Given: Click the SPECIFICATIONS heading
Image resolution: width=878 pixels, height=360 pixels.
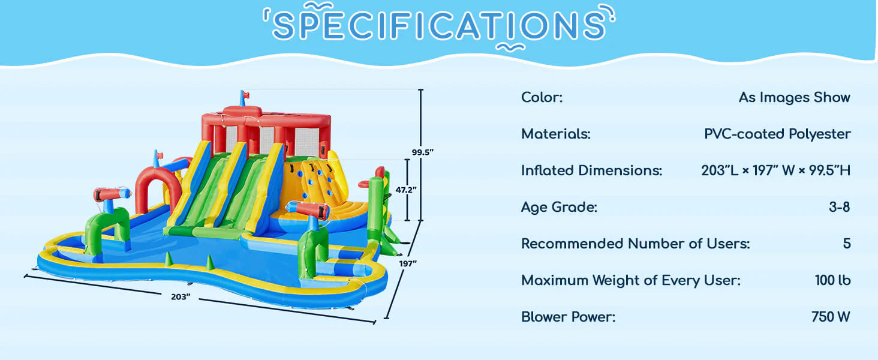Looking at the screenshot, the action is point(439,25).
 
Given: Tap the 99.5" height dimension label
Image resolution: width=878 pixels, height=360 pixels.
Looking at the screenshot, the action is point(423,152).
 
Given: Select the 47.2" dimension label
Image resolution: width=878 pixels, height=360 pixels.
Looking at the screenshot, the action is point(405,190).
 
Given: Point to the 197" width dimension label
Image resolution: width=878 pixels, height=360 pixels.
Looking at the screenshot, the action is point(408,263).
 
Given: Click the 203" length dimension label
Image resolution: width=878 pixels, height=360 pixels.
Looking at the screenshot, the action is point(181,297).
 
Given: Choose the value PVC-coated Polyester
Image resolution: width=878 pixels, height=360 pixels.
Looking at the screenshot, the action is point(777,134).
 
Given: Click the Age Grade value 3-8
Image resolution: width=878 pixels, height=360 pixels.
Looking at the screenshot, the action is point(839,207).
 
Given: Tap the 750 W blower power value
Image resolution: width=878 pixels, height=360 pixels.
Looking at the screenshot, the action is point(831,317).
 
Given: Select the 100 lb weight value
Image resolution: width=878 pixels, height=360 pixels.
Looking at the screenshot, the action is point(832,280).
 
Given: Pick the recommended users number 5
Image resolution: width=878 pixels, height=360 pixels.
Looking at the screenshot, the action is point(847,244).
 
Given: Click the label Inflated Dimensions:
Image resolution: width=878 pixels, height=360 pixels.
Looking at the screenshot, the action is point(591,170).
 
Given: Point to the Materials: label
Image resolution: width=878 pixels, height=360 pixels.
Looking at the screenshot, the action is point(556,134).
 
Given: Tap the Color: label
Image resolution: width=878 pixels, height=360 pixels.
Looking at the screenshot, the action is point(542,97).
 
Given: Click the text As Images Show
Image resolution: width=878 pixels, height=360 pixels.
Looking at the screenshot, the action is point(795,97).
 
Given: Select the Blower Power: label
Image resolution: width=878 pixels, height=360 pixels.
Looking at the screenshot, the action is point(569,317).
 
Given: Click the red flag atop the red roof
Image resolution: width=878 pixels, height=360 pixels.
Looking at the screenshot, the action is point(245,95).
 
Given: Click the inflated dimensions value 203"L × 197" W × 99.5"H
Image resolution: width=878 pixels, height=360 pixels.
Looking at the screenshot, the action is point(775,170).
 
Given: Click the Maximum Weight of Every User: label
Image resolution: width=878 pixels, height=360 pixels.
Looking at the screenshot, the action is point(631,280).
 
